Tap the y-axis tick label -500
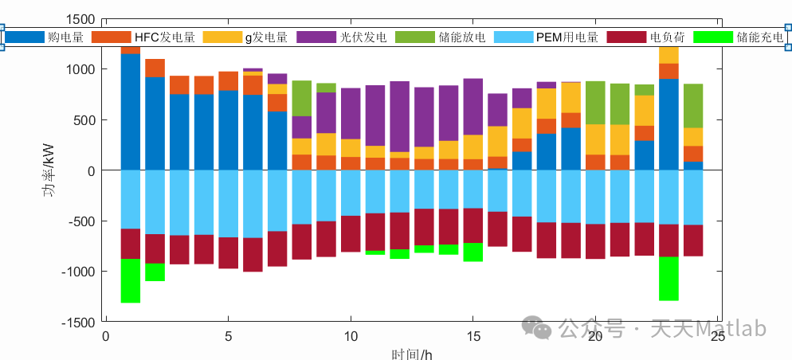[x=80, y=221]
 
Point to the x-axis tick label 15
[x=473, y=337]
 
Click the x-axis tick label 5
[x=229, y=337]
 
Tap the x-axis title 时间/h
[x=412, y=354]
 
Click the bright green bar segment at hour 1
[x=131, y=280]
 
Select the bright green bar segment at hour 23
[x=668, y=278]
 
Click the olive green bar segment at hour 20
[x=595, y=103]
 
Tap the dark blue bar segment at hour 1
[x=131, y=112]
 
